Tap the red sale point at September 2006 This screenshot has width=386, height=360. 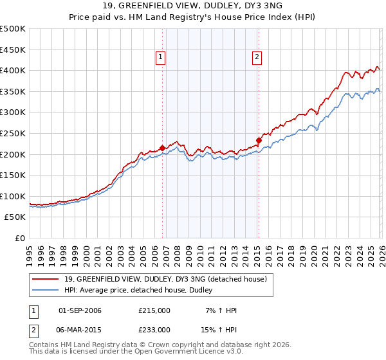coord(162,148)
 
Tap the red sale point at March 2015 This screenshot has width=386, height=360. coord(259,140)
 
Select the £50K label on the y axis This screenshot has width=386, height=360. coord(15,217)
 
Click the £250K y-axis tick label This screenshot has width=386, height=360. coord(13,133)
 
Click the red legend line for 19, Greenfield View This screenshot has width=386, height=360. coord(46,278)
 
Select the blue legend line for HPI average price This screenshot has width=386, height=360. coord(46,291)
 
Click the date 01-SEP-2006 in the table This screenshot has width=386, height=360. coord(80,310)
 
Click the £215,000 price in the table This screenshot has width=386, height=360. coord(154,310)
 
